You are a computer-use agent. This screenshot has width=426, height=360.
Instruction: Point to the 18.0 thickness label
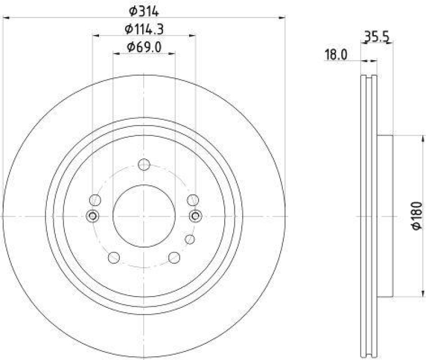click(336, 54)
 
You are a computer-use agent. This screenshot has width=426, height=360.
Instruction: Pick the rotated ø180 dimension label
click(417, 216)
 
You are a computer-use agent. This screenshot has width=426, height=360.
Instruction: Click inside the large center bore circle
click(144, 216)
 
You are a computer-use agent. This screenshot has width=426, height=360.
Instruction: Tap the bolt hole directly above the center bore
click(144, 165)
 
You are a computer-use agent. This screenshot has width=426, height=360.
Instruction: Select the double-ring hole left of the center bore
click(93, 216)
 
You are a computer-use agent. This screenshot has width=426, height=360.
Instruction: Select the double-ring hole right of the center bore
click(195, 216)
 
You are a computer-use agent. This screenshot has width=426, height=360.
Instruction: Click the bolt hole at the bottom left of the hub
click(113, 258)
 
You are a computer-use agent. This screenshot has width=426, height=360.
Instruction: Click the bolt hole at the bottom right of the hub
click(174, 258)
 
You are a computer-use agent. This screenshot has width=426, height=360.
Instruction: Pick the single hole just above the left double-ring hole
click(95, 200)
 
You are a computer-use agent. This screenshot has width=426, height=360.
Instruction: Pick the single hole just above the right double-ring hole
click(193, 200)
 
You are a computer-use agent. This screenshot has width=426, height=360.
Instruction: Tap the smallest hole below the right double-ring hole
click(189, 239)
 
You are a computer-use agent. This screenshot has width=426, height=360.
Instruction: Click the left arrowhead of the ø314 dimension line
click(6, 18)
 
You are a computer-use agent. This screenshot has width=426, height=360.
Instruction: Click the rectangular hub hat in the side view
click(386, 216)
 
